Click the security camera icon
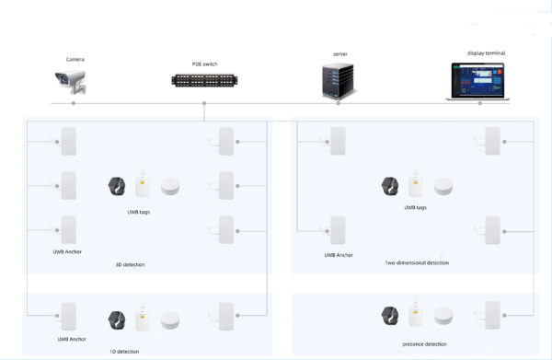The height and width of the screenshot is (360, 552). coord(73,84)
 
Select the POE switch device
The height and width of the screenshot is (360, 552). coord(204,80)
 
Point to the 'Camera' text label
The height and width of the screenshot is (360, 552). coord(75,59)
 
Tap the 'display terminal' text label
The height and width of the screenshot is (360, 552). coord(487,53)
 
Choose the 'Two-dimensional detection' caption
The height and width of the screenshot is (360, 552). coord(417,262)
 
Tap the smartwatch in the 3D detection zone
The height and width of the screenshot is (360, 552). coord(118,187)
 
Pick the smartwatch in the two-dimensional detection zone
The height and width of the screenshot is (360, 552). coord(391,187)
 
